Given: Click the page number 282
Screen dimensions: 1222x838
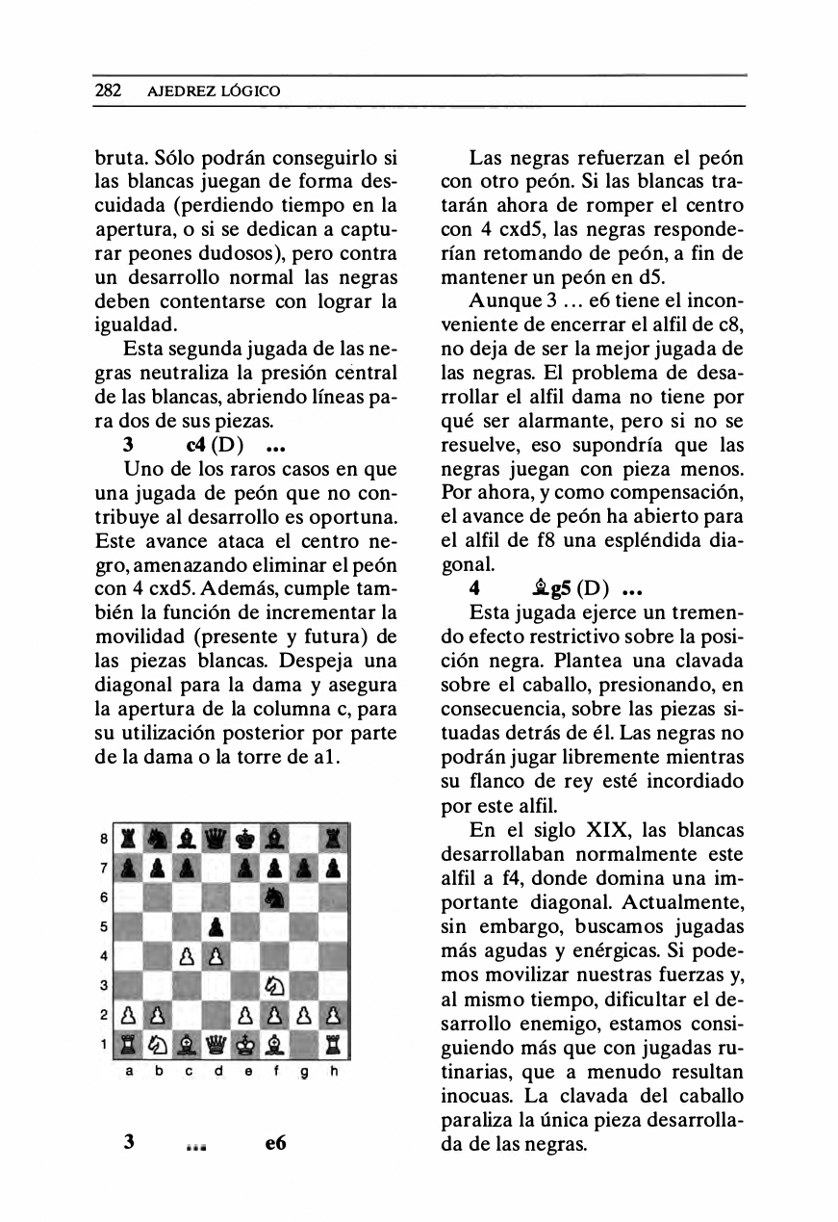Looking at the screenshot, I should (x=108, y=91).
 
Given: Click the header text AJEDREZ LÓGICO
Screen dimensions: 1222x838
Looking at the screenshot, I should (x=213, y=91).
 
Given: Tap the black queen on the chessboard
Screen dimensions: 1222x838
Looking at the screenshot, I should (x=216, y=838).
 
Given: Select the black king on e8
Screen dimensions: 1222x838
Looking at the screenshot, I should (x=246, y=838).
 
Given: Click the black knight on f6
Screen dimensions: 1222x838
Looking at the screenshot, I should (x=275, y=897).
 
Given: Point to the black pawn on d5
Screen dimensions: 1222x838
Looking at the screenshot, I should (x=216, y=926).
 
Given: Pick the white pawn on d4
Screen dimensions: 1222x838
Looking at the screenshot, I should (x=216, y=956).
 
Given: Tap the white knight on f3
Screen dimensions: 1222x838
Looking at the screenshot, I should (x=275, y=985).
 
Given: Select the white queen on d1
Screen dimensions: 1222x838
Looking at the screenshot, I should (x=216, y=1045).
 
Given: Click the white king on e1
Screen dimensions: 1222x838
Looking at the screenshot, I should (x=246, y=1045).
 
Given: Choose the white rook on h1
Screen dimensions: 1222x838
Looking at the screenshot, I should (x=334, y=1045).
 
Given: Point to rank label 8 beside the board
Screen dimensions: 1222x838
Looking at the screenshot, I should (x=105, y=838).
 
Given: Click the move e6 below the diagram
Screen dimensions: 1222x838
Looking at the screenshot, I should (x=275, y=1143).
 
